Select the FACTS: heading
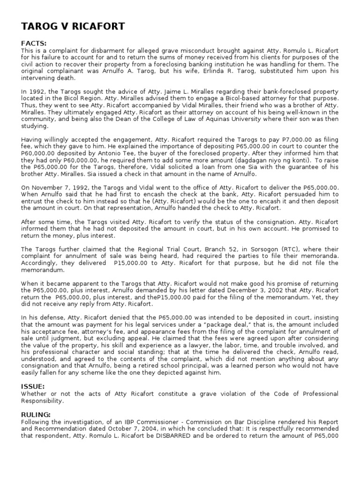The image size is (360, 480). click(34, 44)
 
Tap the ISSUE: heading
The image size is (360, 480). click(33, 386)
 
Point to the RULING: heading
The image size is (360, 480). click(36, 415)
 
